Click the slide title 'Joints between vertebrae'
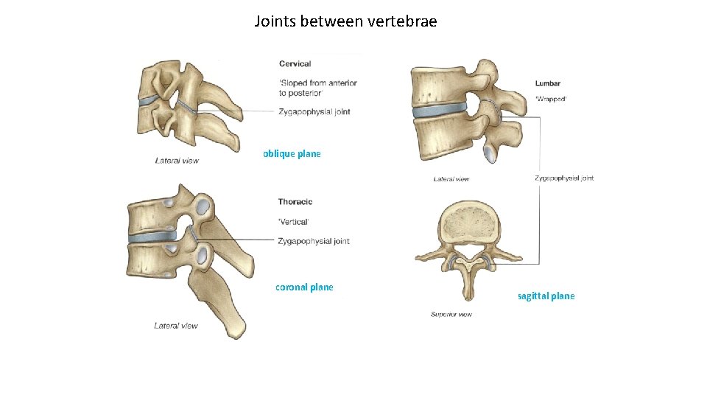tap(345, 21)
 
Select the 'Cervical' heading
tap(295, 64)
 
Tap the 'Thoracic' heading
tap(295, 202)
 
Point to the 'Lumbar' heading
tap(547, 84)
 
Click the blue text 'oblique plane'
tap(292, 154)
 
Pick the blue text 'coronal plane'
tap(304, 287)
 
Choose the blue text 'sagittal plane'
tap(546, 296)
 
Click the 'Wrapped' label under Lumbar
tap(551, 99)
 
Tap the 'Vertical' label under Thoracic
tap(293, 222)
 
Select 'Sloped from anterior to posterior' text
tap(317, 88)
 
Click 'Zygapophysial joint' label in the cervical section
tap(314, 112)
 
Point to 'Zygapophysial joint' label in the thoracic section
tap(314, 241)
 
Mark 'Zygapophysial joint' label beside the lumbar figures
tap(564, 178)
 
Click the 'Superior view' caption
tap(451, 315)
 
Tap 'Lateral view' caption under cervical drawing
tap(177, 161)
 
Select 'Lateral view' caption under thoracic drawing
tap(176, 326)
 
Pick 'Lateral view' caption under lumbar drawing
tap(451, 179)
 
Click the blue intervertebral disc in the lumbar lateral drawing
tap(439, 112)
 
